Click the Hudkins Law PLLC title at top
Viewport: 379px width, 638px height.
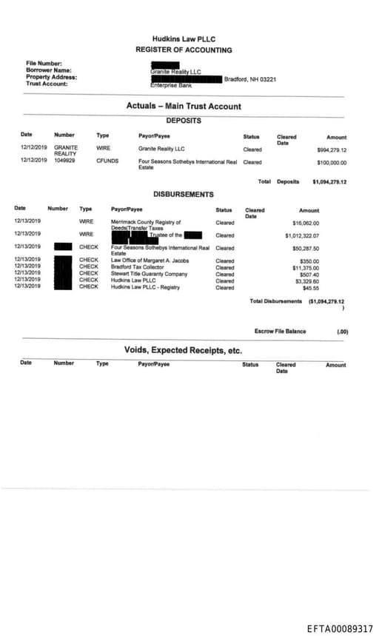pyautogui.click(x=184, y=38)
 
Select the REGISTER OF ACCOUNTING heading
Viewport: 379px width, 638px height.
pyautogui.click(x=184, y=50)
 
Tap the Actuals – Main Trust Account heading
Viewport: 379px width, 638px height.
pyautogui.click(x=184, y=106)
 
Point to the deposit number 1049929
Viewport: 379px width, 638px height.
pyautogui.click(x=64, y=161)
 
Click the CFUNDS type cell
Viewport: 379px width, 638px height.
pyautogui.click(x=107, y=161)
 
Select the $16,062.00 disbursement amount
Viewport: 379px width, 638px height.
pyautogui.click(x=306, y=222)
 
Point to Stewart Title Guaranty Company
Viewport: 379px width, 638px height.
pyautogui.click(x=150, y=274)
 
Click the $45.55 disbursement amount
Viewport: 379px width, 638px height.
pyautogui.click(x=311, y=287)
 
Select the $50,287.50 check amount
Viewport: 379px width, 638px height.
pyautogui.click(x=305, y=248)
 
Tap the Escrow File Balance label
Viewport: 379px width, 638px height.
pyautogui.click(x=280, y=332)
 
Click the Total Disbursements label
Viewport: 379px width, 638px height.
pyautogui.click(x=276, y=301)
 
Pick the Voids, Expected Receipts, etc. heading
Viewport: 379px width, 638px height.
pyautogui.click(x=184, y=349)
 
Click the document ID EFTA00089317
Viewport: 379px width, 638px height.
pyautogui.click(x=340, y=628)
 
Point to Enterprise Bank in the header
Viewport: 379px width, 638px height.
pyautogui.click(x=171, y=85)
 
